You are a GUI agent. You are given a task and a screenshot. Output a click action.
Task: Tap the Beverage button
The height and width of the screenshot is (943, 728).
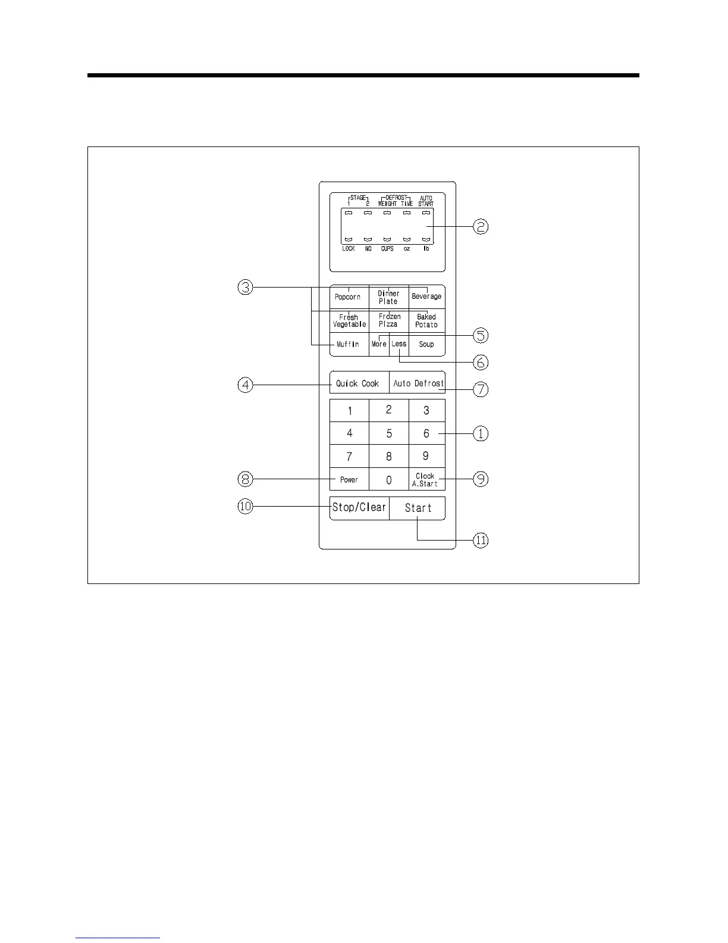tap(426, 296)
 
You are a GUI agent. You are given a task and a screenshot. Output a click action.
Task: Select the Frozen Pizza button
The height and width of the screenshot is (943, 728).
tap(389, 320)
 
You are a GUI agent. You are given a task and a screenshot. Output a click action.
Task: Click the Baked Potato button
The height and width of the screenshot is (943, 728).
tap(426, 321)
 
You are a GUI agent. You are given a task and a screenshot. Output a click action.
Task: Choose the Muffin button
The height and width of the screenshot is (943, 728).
tap(349, 344)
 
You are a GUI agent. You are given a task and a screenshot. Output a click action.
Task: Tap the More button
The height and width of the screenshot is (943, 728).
tap(379, 344)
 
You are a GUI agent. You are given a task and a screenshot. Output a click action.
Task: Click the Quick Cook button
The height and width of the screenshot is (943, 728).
tap(358, 383)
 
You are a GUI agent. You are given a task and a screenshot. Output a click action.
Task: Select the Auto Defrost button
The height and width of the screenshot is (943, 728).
tap(418, 383)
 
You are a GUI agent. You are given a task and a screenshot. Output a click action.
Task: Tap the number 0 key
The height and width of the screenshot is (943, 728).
tap(389, 480)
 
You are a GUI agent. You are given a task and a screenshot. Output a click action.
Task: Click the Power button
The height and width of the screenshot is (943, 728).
tap(349, 479)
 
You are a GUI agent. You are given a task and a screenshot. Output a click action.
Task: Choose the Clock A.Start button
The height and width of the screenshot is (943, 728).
tap(426, 480)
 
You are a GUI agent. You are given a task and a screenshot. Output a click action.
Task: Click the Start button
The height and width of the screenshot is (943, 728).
tap(418, 508)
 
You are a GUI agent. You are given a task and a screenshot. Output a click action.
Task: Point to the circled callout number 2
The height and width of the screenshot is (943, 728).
tap(481, 226)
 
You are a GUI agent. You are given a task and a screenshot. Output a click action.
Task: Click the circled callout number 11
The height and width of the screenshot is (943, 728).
tap(481, 541)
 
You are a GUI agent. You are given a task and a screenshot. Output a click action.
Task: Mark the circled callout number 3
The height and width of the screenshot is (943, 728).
tap(245, 288)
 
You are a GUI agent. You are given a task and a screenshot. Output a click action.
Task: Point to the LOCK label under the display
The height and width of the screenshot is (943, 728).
tap(349, 249)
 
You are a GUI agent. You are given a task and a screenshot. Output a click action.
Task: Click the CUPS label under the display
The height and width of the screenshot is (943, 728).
tap(387, 249)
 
